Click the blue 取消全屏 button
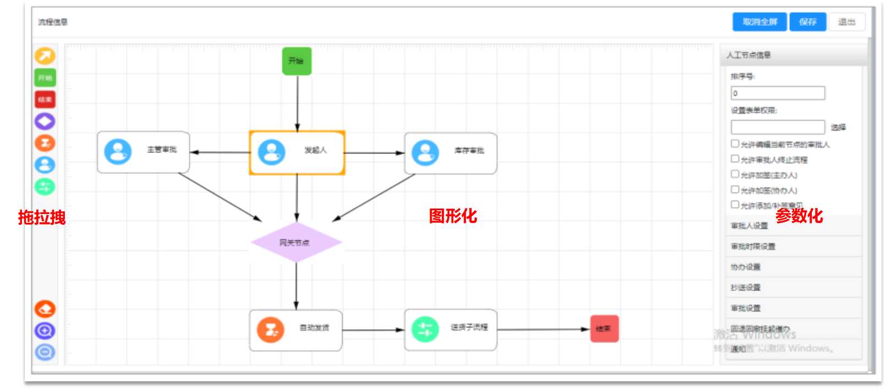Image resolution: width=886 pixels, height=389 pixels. [759, 22]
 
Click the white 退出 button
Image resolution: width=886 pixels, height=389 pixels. [846, 22]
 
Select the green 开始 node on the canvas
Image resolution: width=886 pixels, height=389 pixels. [296, 61]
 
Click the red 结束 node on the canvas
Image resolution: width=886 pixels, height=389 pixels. [604, 328]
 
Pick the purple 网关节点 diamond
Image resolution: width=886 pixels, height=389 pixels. [296, 242]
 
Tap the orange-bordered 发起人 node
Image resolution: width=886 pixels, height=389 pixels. [297, 152]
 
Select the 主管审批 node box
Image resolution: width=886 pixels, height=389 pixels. [143, 152]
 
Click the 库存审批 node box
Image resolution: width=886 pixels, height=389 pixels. [450, 152]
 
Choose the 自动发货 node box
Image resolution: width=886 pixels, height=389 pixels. [295, 330]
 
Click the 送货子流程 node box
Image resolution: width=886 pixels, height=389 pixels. [450, 329]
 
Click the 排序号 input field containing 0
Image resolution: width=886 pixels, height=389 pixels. [777, 93]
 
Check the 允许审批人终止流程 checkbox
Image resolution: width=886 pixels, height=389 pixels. [735, 159]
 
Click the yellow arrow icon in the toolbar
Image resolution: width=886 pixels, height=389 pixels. [45, 56]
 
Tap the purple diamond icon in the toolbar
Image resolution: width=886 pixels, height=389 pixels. [45, 121]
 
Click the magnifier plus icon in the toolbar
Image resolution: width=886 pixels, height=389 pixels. [45, 331]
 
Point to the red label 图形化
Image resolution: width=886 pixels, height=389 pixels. [453, 216]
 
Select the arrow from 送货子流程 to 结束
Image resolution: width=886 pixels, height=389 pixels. [542, 330]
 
